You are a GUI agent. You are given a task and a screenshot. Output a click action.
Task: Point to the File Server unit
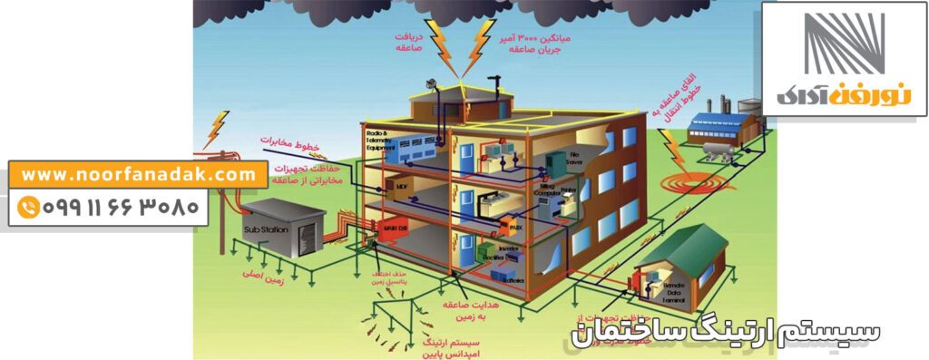pos(572,160)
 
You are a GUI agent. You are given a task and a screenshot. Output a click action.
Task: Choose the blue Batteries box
pos(513,280)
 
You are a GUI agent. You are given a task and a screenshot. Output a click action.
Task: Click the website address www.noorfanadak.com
pos(139,173)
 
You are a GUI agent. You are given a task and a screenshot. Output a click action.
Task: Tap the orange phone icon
pos(29,208)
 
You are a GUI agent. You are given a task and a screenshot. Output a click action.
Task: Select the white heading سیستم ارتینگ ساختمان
pos(726,331)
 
